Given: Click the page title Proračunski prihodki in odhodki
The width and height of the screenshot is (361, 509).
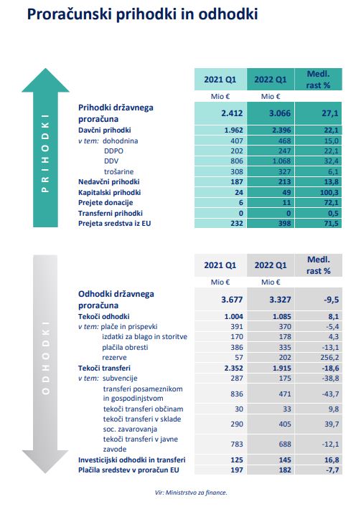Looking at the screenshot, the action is tap(142, 14).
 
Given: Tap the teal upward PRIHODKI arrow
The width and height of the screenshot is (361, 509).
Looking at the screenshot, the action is tap(45, 148).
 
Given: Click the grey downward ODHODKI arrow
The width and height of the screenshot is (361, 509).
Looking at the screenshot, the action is tap(45, 363).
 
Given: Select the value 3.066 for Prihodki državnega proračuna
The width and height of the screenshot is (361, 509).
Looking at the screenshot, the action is tap(281, 113).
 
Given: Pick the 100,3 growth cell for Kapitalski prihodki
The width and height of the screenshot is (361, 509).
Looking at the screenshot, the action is tap(329, 193).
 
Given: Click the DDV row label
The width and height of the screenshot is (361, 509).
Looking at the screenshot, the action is tap(111, 161).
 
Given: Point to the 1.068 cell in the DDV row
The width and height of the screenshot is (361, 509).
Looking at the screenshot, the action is tap(281, 161).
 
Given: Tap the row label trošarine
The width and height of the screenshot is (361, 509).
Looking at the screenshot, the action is tap(119, 172).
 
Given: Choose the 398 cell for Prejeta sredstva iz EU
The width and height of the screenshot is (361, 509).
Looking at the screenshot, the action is tap(284, 224).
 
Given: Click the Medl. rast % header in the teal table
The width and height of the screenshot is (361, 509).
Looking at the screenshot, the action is tap(319, 80).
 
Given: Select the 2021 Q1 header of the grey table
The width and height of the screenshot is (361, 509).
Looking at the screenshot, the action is tap(220, 265).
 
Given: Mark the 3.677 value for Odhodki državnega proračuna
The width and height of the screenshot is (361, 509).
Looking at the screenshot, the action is tap(232, 299).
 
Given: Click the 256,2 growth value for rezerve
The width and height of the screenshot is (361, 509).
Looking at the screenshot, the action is tap(329, 358).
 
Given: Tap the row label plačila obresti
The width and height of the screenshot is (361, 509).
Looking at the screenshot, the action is tap(125, 348).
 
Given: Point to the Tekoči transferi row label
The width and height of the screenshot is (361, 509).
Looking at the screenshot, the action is tap(104, 368).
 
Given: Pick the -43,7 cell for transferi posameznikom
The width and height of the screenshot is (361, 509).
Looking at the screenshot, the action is tap(330, 394).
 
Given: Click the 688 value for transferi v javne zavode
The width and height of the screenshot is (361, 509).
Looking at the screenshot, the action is tap(285, 444).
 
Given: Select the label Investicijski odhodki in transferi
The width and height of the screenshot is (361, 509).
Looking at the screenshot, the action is tap(132, 460).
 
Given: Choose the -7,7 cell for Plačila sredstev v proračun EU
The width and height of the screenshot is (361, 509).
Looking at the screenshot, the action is tap(332, 470).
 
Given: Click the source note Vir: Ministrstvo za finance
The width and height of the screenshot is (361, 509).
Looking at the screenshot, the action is tap(191, 493).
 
